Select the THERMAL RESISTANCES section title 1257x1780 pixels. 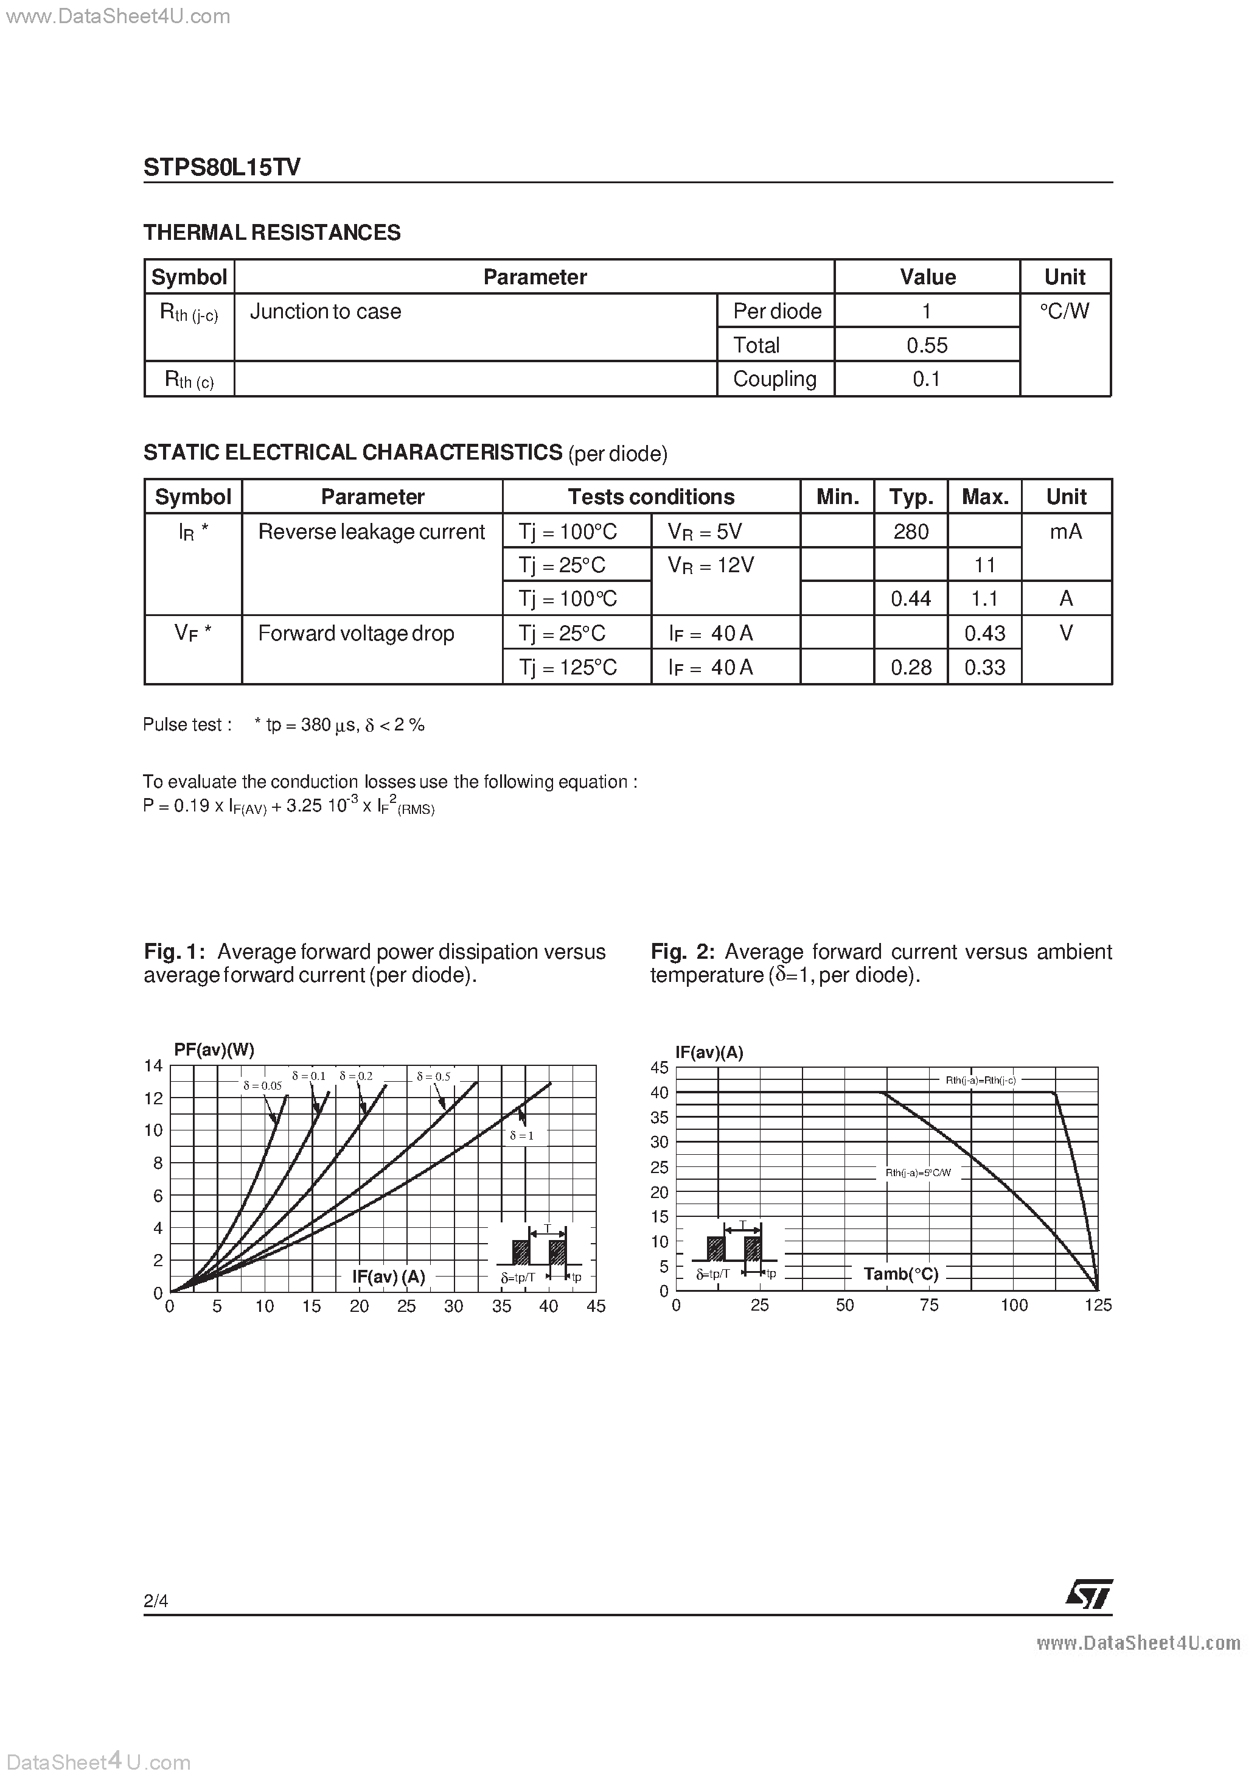tap(272, 233)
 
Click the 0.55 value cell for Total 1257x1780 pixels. tap(927, 345)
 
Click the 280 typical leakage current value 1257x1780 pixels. tap(911, 532)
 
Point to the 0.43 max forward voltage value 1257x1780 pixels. tap(984, 633)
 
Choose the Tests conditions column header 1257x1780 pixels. tap(650, 497)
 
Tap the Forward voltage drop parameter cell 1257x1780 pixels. tap(356, 633)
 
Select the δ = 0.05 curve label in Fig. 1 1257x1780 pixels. tap(262, 1086)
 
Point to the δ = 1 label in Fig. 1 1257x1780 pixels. tap(521, 1136)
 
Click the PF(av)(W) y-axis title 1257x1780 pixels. tap(214, 1049)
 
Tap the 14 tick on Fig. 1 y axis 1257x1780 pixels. tap(153, 1066)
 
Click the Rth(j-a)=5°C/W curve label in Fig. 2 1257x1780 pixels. tap(918, 1173)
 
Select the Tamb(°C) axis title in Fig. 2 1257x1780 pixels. tap(900, 1274)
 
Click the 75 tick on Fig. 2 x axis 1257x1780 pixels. tap(928, 1306)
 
